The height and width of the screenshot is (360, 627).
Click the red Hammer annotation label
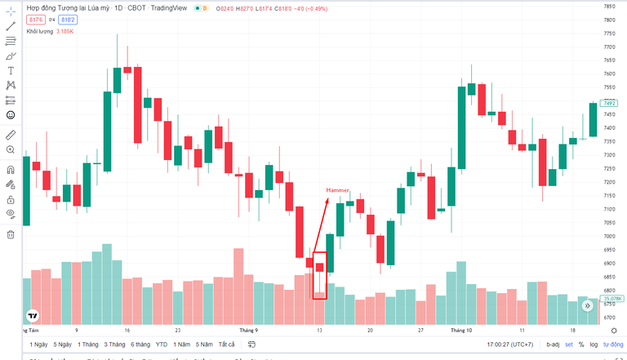tap(338, 190)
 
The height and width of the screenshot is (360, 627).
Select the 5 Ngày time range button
tap(61, 344)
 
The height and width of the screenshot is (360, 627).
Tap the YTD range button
tap(162, 344)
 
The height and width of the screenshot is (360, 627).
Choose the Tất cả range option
tap(226, 344)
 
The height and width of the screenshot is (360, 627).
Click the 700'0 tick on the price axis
tap(609, 235)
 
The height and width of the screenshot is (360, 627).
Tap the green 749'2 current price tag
tap(609, 103)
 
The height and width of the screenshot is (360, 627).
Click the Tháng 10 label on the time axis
tap(461, 331)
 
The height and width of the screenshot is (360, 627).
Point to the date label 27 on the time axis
tap(420, 331)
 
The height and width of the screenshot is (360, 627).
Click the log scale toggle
tap(593, 344)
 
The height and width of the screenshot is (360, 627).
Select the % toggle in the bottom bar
tap(580, 344)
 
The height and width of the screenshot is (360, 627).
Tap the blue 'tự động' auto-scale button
tap(613, 344)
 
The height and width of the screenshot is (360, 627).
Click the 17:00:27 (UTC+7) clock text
tap(509, 344)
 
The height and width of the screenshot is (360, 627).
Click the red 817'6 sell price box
tap(35, 19)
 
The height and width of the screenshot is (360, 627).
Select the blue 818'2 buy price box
tap(67, 19)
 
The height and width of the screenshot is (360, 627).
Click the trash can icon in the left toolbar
tap(11, 235)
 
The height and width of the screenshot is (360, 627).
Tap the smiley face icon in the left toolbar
tap(11, 115)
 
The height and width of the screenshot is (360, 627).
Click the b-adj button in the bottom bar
tap(554, 344)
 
